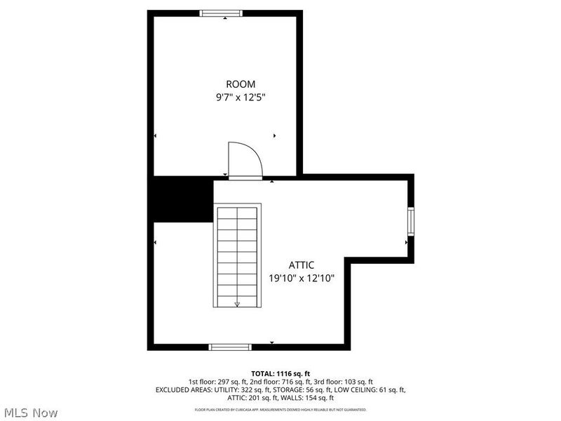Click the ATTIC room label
[302, 265]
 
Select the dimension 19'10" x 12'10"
[302, 278]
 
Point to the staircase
[237, 255]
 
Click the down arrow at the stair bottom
[237, 303]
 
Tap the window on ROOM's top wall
[222, 13]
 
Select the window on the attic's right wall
[412, 222]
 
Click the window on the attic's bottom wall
[231, 346]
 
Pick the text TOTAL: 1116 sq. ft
[280, 373]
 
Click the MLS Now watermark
[32, 413]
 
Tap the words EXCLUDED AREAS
[181, 389]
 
